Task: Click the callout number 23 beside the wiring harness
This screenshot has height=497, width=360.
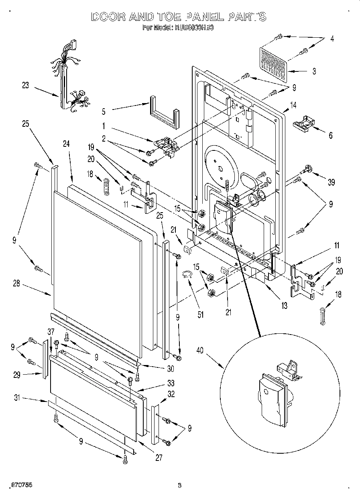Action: pyautogui.click(x=26, y=85)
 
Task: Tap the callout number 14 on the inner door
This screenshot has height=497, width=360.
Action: pyautogui.click(x=293, y=105)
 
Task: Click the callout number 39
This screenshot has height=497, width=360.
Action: pyautogui.click(x=331, y=183)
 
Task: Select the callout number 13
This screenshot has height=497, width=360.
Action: pyautogui.click(x=284, y=306)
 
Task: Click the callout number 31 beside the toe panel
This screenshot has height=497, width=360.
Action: pyautogui.click(x=17, y=398)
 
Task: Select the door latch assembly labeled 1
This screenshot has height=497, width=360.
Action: pyautogui.click(x=165, y=145)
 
